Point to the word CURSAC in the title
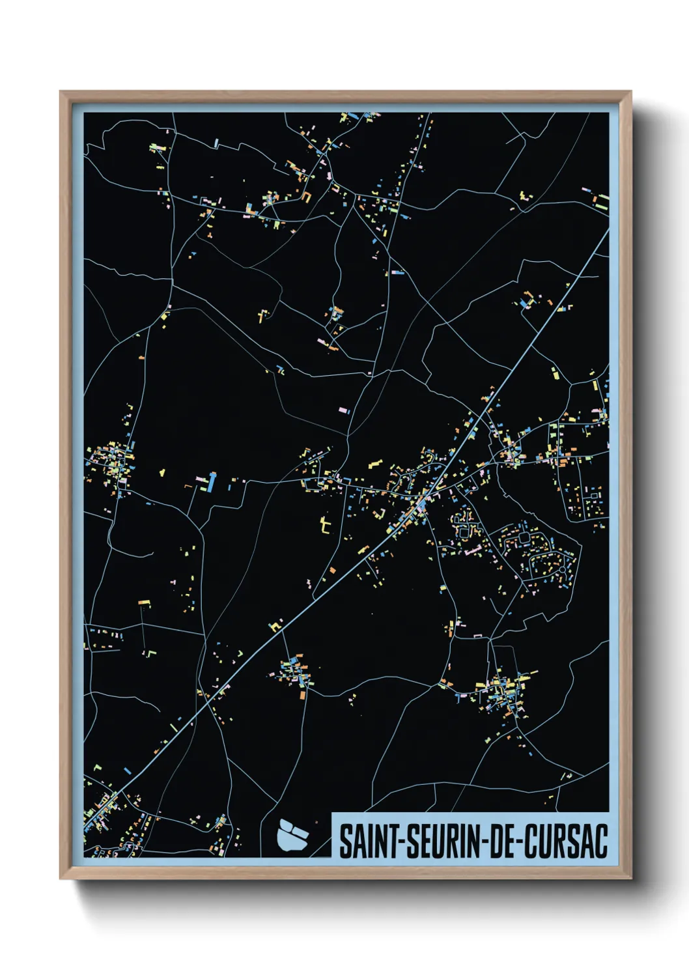point(565,842)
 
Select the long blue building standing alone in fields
point(211,482)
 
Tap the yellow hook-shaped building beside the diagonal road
point(276,626)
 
